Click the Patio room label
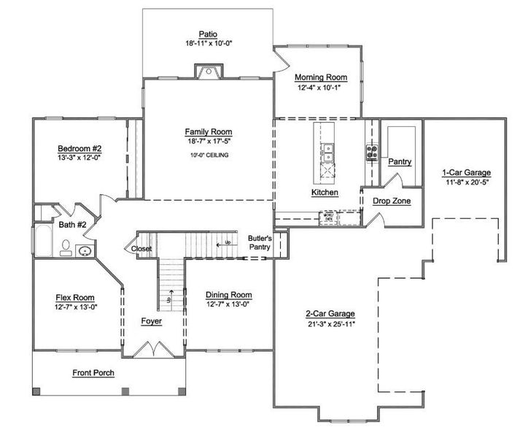pyautogui.click(x=208, y=33)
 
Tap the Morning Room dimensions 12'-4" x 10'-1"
pyautogui.click(x=320, y=88)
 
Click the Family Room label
pyautogui.click(x=208, y=132)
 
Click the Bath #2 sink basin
pyautogui.click(x=85, y=252)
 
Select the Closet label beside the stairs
pyautogui.click(x=141, y=249)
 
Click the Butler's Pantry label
pyautogui.click(x=260, y=243)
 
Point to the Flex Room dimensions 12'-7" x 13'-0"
pyautogui.click(x=76, y=307)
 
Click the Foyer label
pyautogui.click(x=152, y=321)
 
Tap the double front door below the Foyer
pyautogui.click(x=151, y=351)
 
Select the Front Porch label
pyautogui.click(x=93, y=373)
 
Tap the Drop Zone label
pyautogui.click(x=392, y=201)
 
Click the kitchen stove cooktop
pyautogui.click(x=371, y=152)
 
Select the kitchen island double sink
pyautogui.click(x=328, y=151)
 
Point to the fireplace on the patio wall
pyautogui.click(x=208, y=72)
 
